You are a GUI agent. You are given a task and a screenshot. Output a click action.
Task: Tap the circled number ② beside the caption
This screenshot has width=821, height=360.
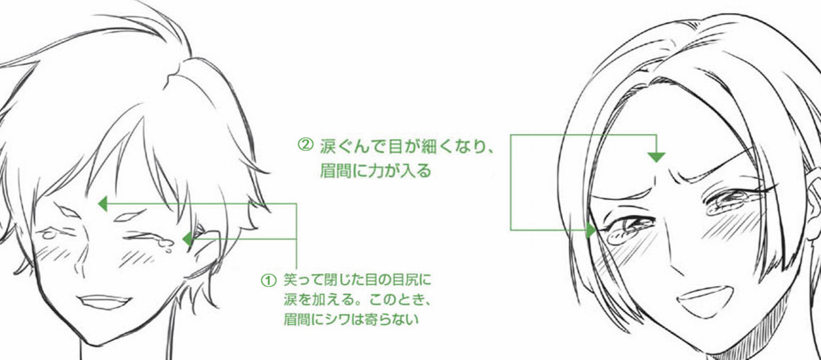coord(305,146)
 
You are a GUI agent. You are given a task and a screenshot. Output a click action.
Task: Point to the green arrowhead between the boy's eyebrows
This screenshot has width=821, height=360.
coord(103,203)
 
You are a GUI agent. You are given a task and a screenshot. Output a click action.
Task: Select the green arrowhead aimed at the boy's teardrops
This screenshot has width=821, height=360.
coord(186,239)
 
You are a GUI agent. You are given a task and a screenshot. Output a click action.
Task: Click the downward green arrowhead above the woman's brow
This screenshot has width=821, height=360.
coord(656,157)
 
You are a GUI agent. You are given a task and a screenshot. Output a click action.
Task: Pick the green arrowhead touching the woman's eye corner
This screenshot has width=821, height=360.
coord(591,229)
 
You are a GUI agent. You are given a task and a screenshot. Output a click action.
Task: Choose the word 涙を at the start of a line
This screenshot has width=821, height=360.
coord(296,299)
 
